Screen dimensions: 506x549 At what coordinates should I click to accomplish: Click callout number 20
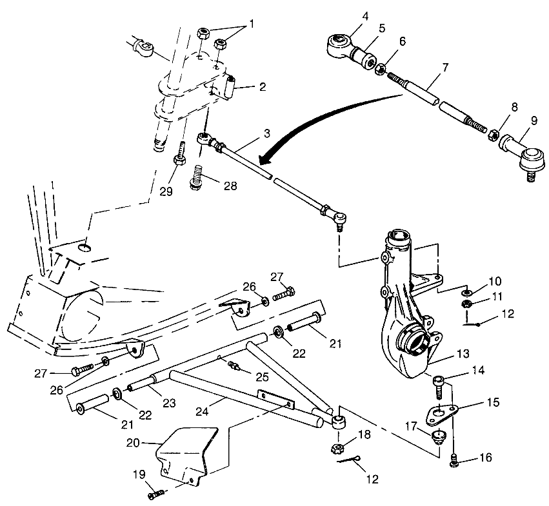tap(134, 443)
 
